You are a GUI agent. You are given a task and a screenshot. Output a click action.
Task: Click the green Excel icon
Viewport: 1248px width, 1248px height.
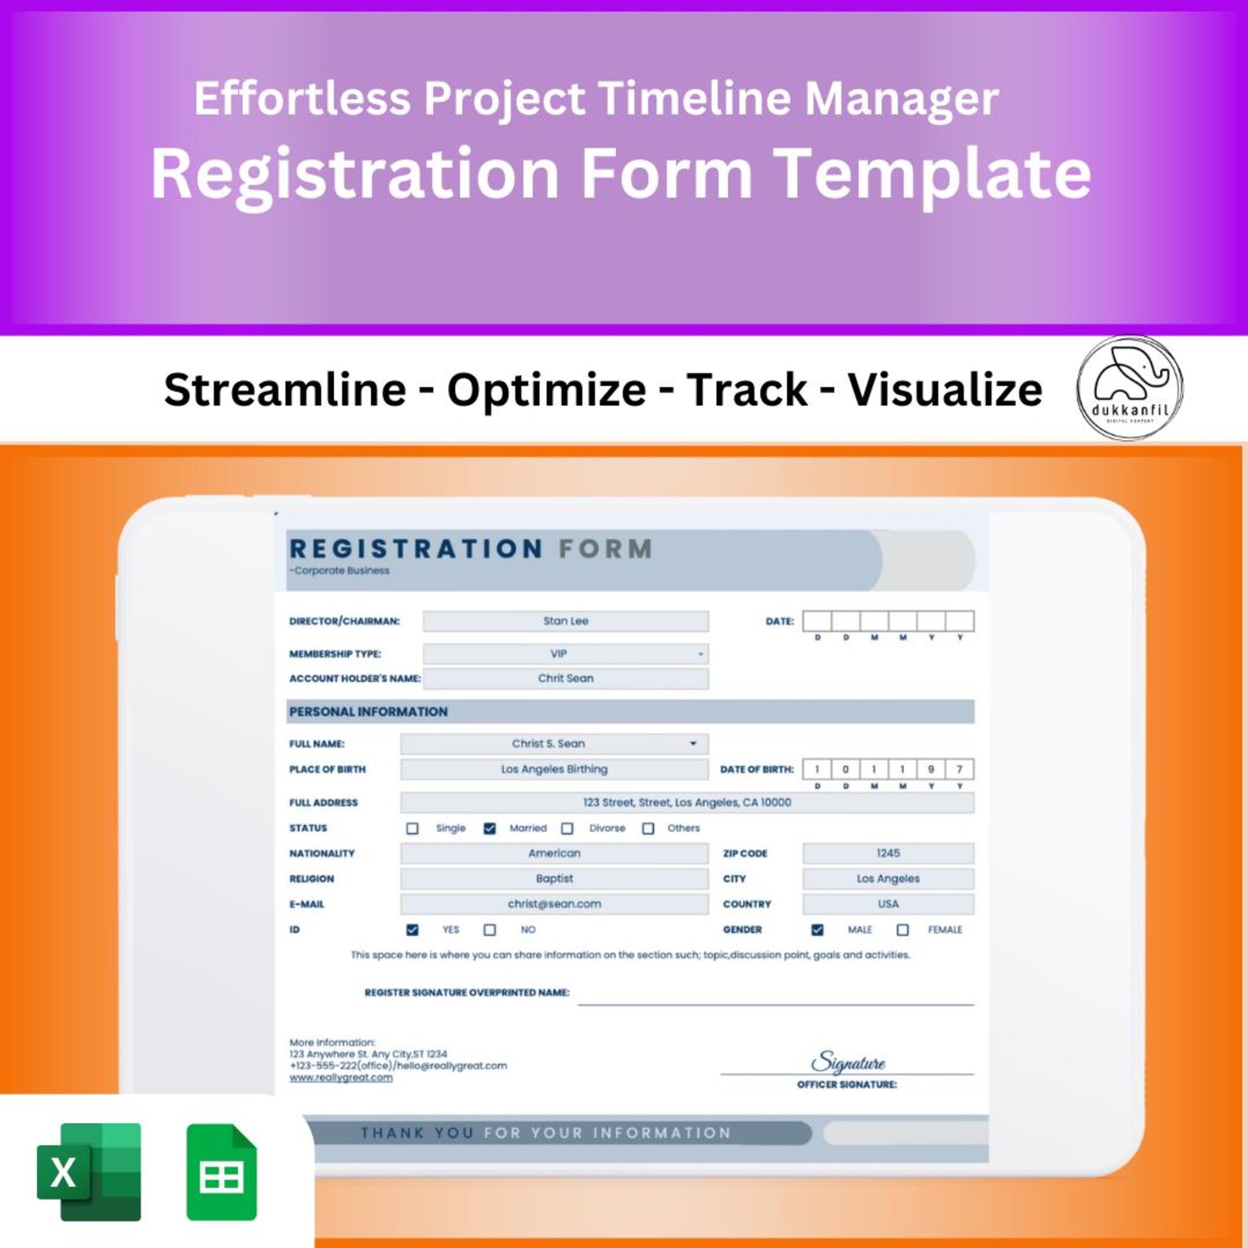tap(89, 1172)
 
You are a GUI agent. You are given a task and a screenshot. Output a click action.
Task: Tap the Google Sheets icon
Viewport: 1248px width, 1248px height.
tap(222, 1172)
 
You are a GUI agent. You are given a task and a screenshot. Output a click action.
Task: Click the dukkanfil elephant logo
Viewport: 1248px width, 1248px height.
tap(1129, 387)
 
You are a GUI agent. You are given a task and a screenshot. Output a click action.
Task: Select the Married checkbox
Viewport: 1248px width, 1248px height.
tap(490, 828)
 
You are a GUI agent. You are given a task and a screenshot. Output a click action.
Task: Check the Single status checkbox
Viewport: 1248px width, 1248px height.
tap(413, 828)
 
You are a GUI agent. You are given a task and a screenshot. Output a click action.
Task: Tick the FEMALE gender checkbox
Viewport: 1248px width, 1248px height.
tap(902, 930)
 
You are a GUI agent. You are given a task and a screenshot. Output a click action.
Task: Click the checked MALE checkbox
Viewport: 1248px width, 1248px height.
tap(817, 930)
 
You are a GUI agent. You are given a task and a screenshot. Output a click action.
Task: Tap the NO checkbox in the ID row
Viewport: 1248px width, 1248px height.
tap(490, 930)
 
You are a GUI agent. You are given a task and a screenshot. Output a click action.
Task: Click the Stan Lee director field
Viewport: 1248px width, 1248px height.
tap(565, 621)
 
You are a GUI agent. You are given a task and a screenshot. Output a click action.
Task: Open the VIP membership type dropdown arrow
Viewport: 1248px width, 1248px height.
tap(700, 654)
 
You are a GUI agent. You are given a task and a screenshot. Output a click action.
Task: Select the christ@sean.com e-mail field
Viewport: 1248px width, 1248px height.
tap(554, 904)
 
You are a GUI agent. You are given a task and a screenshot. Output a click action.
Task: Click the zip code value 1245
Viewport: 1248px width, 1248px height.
tap(888, 853)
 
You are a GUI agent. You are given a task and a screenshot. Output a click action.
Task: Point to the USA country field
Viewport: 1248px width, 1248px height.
tap(888, 904)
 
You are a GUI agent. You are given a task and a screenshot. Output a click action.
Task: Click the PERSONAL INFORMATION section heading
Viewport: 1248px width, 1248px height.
tap(369, 711)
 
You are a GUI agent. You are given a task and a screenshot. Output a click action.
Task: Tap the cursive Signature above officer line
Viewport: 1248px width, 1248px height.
tap(847, 1063)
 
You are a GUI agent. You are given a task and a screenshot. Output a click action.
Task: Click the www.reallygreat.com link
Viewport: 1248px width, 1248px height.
tap(341, 1077)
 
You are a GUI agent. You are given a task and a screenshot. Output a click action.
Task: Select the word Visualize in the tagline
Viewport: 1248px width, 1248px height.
tap(945, 389)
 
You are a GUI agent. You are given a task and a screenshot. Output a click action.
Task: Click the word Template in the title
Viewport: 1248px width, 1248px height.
tap(933, 174)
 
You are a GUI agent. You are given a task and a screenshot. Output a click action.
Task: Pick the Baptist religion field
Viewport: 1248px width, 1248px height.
tap(554, 879)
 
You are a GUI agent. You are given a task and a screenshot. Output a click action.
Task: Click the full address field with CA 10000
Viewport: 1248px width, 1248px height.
tap(687, 802)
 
